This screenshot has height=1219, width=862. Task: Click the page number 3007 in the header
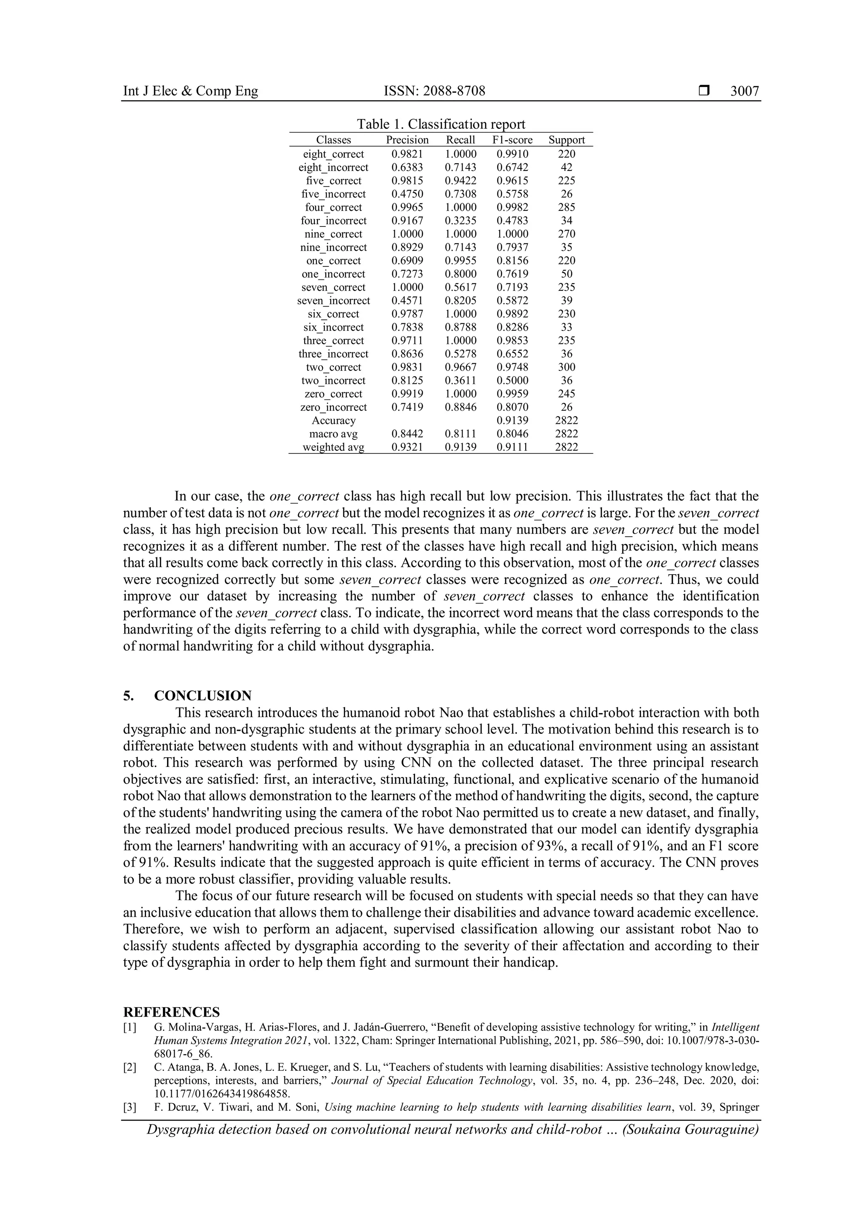tap(744, 91)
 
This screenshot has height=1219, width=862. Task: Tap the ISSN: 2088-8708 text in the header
tap(434, 91)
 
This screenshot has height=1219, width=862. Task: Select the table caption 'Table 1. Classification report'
tap(441, 124)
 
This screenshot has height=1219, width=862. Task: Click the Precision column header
tap(407, 140)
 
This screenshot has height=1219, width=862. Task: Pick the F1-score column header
tap(512, 140)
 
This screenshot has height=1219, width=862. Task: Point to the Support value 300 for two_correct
tap(567, 367)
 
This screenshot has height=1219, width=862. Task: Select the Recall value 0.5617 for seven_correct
tap(460, 287)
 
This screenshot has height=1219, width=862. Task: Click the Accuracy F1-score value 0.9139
tap(512, 421)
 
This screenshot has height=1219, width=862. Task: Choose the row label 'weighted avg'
tap(333, 447)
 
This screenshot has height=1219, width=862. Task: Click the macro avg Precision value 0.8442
tap(407, 434)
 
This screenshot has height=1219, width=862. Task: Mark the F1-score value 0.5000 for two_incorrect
tap(512, 381)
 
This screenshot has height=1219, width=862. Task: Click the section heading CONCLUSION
tap(203, 695)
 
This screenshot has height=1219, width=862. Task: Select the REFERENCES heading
tap(171, 1012)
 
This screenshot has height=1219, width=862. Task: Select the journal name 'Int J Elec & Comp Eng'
tap(191, 91)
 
